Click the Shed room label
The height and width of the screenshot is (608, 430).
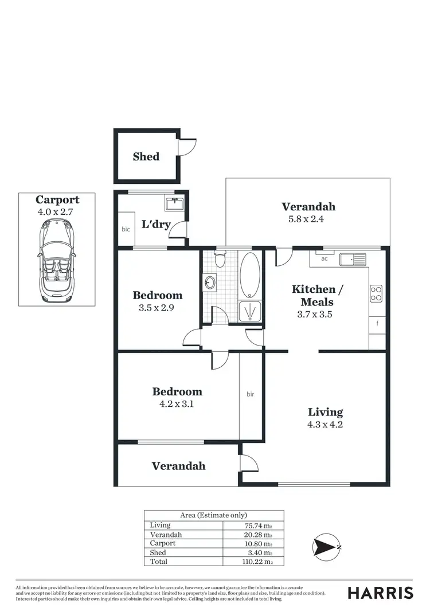pos(146,156)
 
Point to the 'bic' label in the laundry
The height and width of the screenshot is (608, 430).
pos(126,229)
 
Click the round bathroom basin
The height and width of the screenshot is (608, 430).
pos(210,283)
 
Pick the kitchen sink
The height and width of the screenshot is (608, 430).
pos(352,260)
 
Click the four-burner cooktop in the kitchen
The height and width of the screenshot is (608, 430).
pos(376,293)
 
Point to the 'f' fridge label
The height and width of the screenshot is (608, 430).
pos(377,324)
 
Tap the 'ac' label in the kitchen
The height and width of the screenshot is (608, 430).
pos(324,258)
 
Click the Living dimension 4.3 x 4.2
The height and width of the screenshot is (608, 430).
pos(326,425)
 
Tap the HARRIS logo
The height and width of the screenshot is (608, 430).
pos(381,593)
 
